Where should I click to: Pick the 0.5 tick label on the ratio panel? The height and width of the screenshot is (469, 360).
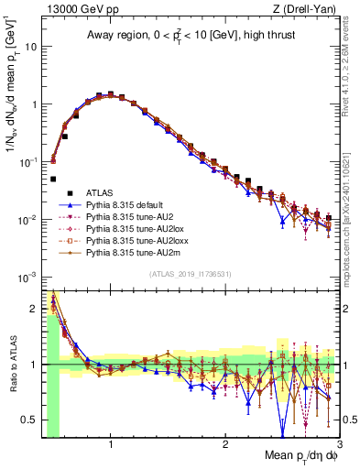[28, 420]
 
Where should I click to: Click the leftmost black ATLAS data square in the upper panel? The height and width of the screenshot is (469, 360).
[53, 180]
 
